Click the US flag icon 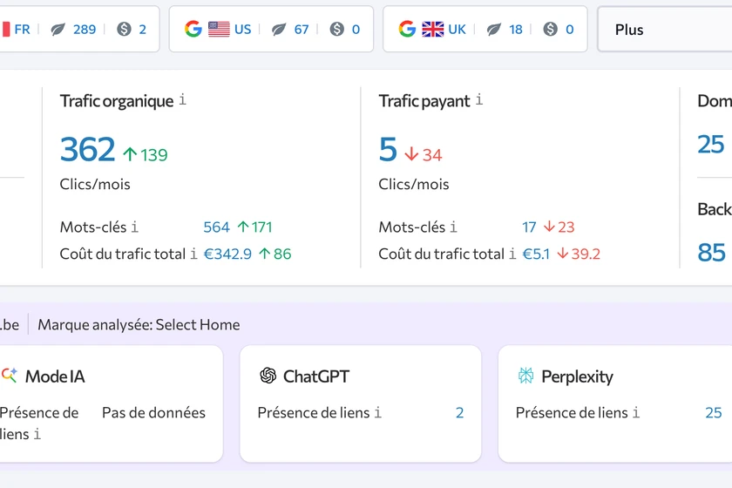click(x=219, y=29)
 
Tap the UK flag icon click(x=433, y=29)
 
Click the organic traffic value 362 click(x=87, y=150)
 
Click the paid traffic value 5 click(x=388, y=150)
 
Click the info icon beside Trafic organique click(x=183, y=100)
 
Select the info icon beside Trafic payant click(x=479, y=100)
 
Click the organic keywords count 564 click(x=216, y=227)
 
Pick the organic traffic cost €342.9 click(x=227, y=254)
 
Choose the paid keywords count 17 click(x=529, y=227)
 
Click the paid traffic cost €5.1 click(x=536, y=254)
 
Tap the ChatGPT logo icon click(x=268, y=376)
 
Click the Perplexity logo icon click(x=525, y=376)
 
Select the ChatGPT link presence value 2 click(x=459, y=412)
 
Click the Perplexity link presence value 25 click(x=714, y=412)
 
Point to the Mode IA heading click(x=55, y=376)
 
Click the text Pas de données click(x=153, y=412)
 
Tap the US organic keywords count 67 click(x=302, y=29)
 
